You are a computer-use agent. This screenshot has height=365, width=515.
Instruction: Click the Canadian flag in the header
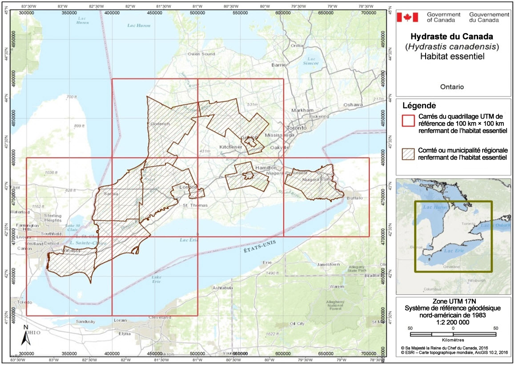[x=407, y=17]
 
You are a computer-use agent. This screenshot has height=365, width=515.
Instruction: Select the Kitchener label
[x=230, y=147]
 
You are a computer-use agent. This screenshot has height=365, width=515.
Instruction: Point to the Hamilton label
[x=266, y=167]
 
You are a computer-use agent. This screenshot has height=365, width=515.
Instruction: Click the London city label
[x=187, y=188]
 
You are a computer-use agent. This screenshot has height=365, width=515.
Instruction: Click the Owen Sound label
[x=201, y=54]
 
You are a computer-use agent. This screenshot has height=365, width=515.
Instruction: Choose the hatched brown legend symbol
[x=408, y=155]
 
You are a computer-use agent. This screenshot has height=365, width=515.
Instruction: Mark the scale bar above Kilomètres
[x=453, y=334]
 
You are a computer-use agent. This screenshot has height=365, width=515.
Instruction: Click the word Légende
[x=419, y=106]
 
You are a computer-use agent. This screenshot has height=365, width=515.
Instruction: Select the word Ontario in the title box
[x=452, y=87]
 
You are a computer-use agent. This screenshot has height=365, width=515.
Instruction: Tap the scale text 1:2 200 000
[x=453, y=322]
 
